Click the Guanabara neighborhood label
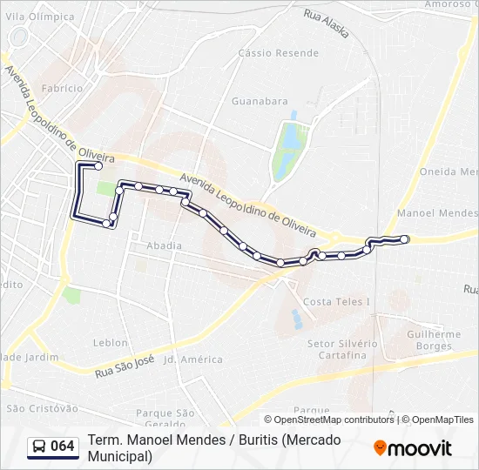(x=260, y=101)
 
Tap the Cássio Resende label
(x=266, y=53)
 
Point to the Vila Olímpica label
(x=40, y=17)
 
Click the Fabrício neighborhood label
(x=62, y=88)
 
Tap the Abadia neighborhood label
(x=165, y=245)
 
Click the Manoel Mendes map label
(x=436, y=213)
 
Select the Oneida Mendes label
(x=449, y=171)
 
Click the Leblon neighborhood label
(x=110, y=343)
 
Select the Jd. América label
(x=193, y=359)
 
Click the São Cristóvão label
(x=42, y=408)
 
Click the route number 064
(x=63, y=446)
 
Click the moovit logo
(x=413, y=448)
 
